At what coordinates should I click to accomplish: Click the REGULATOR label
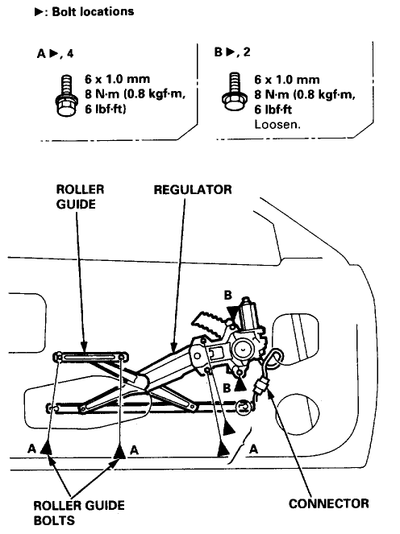click(x=193, y=190)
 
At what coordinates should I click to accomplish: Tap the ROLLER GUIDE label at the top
click(x=80, y=197)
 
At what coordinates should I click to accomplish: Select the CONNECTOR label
click(x=329, y=503)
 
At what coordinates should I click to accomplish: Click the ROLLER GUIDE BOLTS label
click(x=79, y=512)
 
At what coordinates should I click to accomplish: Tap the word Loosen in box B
click(x=277, y=124)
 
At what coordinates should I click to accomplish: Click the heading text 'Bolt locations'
click(x=93, y=12)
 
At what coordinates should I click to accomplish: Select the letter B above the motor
click(x=227, y=296)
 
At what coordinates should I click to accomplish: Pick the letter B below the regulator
click(x=227, y=388)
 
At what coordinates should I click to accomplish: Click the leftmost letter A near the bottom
click(x=31, y=449)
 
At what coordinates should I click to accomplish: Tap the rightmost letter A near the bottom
click(x=253, y=449)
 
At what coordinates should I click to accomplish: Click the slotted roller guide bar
click(x=91, y=357)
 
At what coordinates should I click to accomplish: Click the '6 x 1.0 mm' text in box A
click(x=117, y=80)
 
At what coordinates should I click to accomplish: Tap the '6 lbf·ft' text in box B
click(x=273, y=110)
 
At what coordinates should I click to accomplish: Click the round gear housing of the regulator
click(x=243, y=350)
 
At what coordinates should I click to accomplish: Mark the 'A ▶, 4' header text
click(x=55, y=53)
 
